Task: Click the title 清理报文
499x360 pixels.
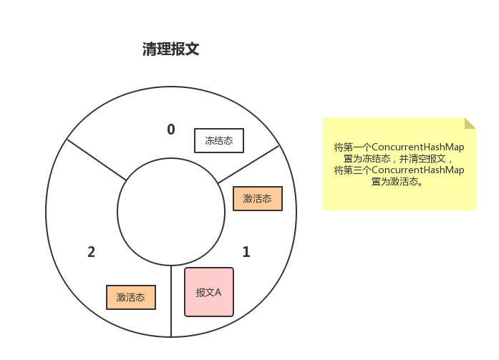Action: point(170,49)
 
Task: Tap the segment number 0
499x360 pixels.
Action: point(170,130)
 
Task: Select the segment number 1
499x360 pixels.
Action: point(246,252)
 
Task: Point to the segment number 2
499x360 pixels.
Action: point(91,252)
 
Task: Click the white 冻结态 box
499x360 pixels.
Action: point(219,140)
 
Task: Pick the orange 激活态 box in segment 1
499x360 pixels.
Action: point(258,198)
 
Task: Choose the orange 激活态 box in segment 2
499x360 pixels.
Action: point(131,297)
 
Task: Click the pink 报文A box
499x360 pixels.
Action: point(209,292)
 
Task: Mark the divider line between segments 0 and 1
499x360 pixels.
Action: point(248,164)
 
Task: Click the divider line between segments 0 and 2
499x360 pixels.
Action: point(97,160)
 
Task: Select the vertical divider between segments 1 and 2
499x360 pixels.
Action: point(171,301)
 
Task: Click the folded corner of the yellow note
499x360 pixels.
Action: point(470,123)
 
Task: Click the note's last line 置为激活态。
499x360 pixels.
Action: point(399,182)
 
